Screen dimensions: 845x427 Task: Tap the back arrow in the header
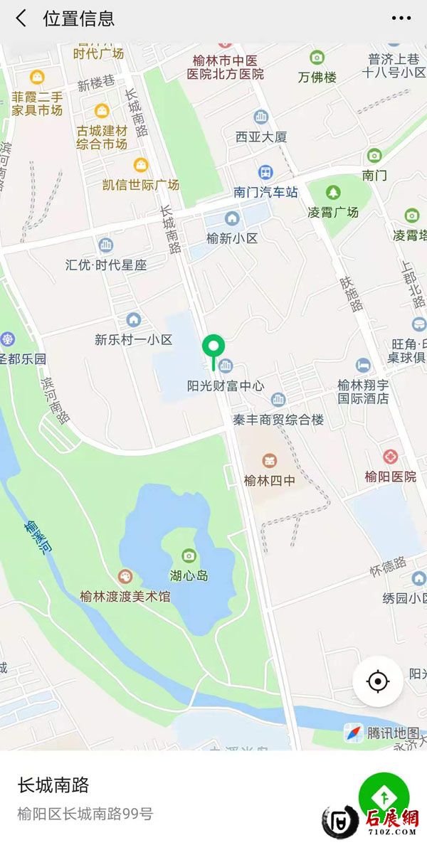[21, 18]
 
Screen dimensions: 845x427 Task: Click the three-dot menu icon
[401, 18]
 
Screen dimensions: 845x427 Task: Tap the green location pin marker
[213, 349]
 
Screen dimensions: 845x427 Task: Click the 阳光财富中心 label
[226, 386]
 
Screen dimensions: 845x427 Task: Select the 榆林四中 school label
[269, 480]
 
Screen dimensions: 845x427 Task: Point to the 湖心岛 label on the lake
[189, 575]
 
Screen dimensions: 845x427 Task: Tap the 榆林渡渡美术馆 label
[125, 596]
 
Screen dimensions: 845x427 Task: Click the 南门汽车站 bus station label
[265, 191]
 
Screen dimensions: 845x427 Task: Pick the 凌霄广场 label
[333, 212]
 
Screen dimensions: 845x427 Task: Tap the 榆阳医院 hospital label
[390, 477]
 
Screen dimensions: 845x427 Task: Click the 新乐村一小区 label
[134, 339]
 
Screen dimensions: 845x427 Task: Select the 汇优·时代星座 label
[106, 265]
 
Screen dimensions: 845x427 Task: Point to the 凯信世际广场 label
[141, 184]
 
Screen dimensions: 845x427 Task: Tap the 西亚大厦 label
[261, 136]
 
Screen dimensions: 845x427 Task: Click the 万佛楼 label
[317, 77]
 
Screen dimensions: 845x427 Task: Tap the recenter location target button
[378, 681]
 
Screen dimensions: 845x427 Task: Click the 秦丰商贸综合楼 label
[278, 420]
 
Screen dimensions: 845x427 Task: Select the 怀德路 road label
[388, 570]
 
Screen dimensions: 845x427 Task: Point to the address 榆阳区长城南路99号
[85, 814]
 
